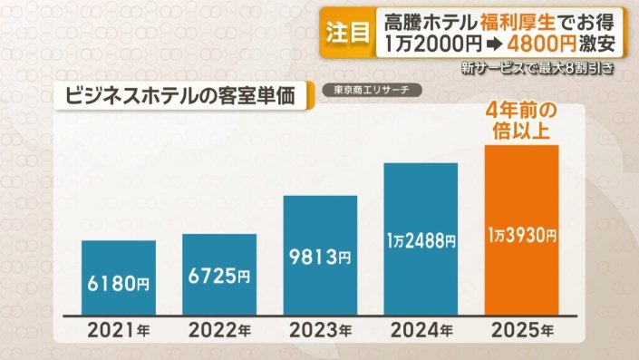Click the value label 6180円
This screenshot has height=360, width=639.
118,284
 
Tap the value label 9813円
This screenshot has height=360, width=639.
320,258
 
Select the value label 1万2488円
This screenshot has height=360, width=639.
421,241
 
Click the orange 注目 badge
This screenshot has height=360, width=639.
348,34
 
